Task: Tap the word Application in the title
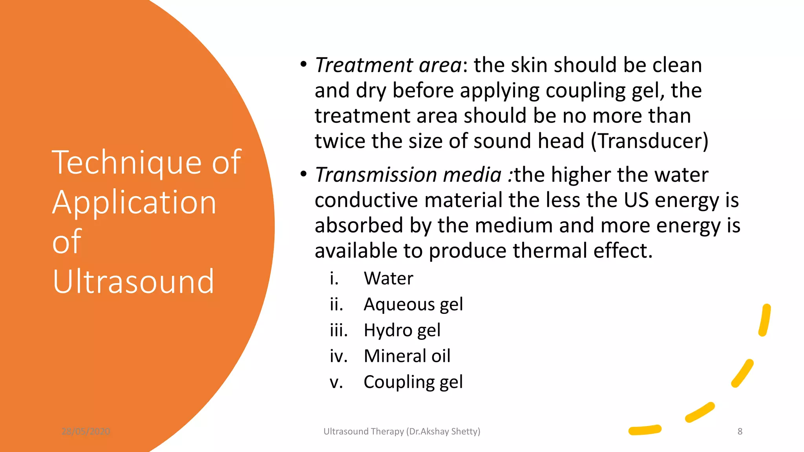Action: pos(134,202)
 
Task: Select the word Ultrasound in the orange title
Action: pos(133,281)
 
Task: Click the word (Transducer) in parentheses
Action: pos(650,141)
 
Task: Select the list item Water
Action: pos(388,279)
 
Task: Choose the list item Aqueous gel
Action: pos(413,304)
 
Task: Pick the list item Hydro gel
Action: pos(402,330)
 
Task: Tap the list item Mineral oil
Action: pos(407,356)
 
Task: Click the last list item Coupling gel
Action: pos(413,382)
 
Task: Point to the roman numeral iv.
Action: pos(338,356)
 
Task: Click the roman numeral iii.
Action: pos(338,330)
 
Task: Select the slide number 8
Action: pos(740,432)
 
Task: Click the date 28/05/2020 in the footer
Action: pos(86,432)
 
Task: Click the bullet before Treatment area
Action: pos(303,64)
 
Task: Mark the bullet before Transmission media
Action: pos(303,174)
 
